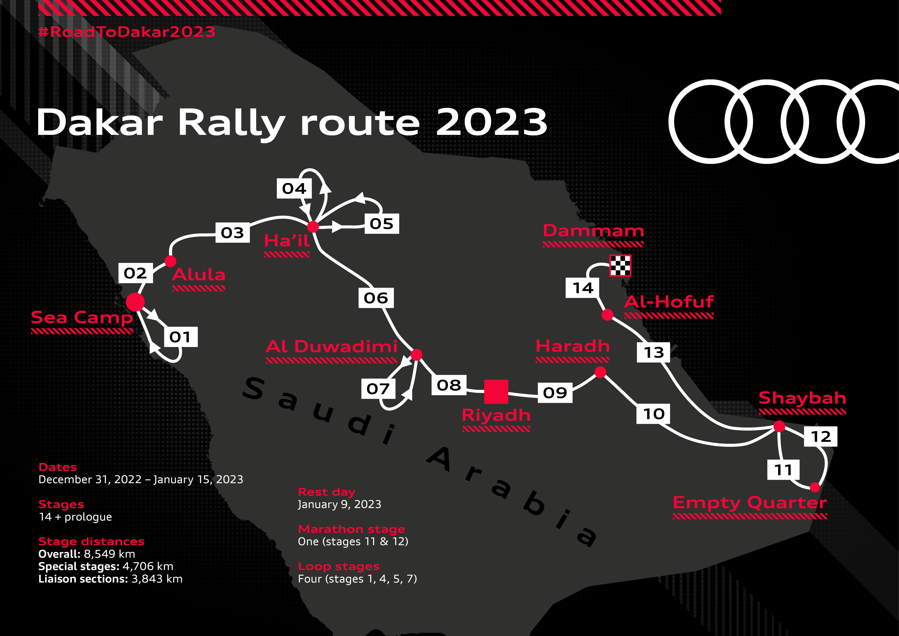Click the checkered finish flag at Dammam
620,266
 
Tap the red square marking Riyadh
496,392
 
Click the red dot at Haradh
600,372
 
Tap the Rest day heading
327,492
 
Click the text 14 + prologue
75,517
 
